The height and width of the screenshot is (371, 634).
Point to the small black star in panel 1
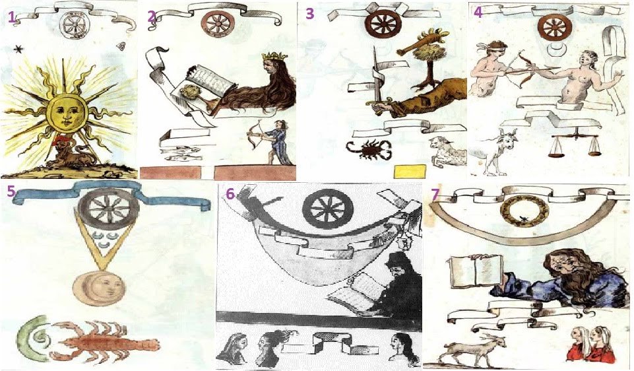click(18, 50)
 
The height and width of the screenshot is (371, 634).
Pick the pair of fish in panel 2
click(180, 153)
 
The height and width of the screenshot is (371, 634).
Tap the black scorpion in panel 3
click(368, 150)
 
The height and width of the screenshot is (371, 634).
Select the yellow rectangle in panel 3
click(410, 171)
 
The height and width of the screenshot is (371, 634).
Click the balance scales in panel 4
click(574, 142)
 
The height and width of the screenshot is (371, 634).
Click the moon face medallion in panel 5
click(99, 288)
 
